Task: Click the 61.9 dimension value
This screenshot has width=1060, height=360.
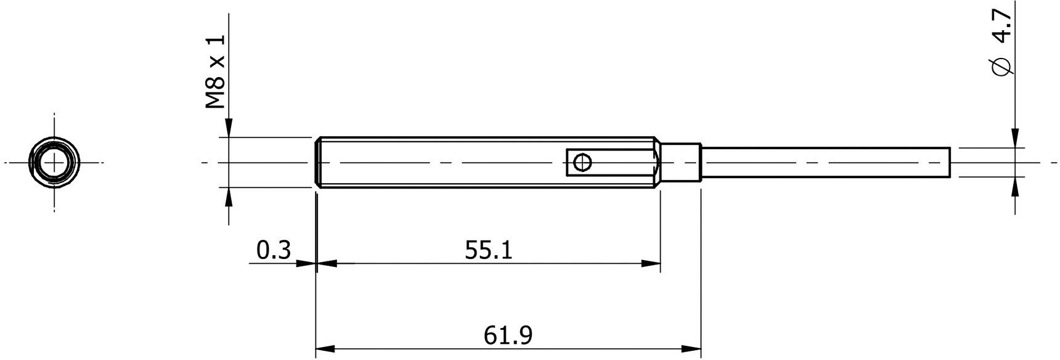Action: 508,336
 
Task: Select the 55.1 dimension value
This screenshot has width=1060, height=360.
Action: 488,251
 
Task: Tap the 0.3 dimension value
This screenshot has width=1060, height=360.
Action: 273,251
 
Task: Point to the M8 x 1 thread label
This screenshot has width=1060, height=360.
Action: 216,72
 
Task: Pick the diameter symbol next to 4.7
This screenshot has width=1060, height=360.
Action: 1003,67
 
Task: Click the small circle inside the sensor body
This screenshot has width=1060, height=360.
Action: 582,163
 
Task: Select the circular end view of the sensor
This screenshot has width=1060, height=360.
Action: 54,163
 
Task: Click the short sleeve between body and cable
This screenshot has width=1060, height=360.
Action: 682,163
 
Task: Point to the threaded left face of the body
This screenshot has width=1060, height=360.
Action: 318,163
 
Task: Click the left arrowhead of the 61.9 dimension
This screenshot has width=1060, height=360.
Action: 325,348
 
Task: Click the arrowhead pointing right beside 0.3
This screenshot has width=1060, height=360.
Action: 306,263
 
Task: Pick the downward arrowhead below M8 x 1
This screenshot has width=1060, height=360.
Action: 229,128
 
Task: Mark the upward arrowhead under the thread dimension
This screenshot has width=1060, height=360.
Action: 229,198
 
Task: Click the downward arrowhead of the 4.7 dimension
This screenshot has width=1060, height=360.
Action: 1015,138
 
